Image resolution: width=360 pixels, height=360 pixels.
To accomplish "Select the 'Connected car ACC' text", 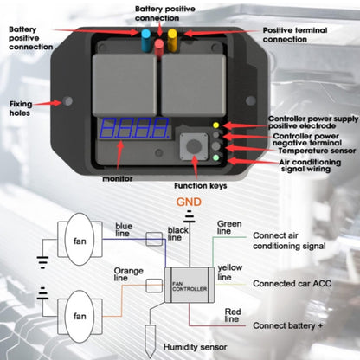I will tap(295, 283).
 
